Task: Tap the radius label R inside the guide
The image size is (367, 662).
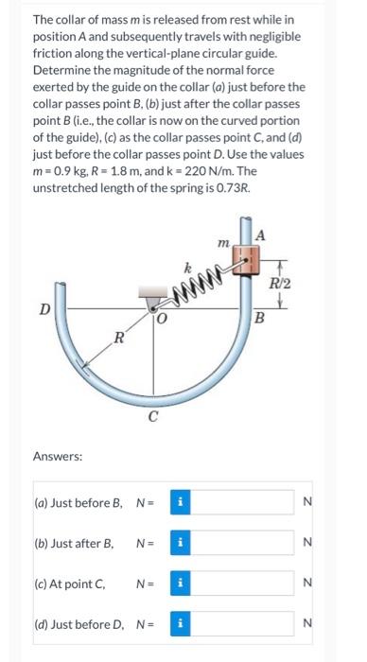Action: coord(117,338)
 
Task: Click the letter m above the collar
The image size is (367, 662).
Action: coord(223,243)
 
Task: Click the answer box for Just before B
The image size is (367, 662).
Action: coord(239,502)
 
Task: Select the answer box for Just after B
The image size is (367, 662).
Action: coord(239,543)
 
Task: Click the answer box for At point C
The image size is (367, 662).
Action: coord(239,584)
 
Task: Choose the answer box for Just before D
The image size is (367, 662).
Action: coord(239,624)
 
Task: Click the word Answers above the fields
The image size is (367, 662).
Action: coord(58,455)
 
